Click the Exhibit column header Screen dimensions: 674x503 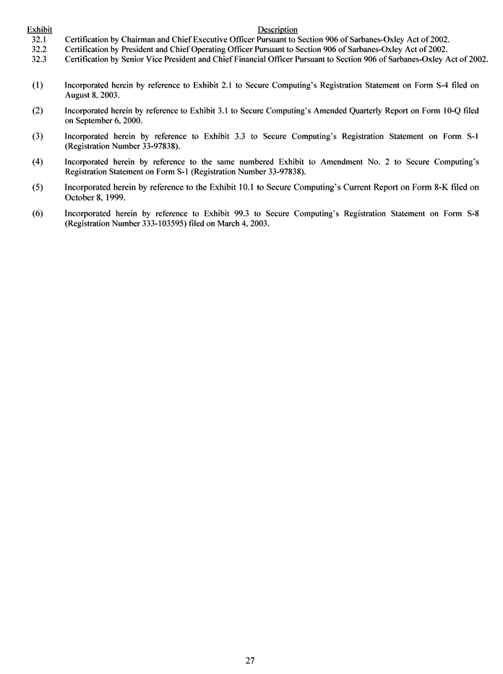click(x=39, y=30)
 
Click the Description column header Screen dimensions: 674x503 click(x=278, y=30)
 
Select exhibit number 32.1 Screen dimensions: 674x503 click(x=39, y=39)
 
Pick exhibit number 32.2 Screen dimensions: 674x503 click(x=39, y=49)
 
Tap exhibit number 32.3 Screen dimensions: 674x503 click(x=39, y=59)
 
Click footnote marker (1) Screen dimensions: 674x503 click(x=38, y=85)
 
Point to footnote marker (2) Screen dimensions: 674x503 click(x=38, y=111)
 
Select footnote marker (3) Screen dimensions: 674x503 click(x=38, y=136)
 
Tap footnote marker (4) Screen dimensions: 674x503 click(x=38, y=162)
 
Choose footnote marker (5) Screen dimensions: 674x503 click(x=38, y=187)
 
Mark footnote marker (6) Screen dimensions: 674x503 click(x=38, y=213)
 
